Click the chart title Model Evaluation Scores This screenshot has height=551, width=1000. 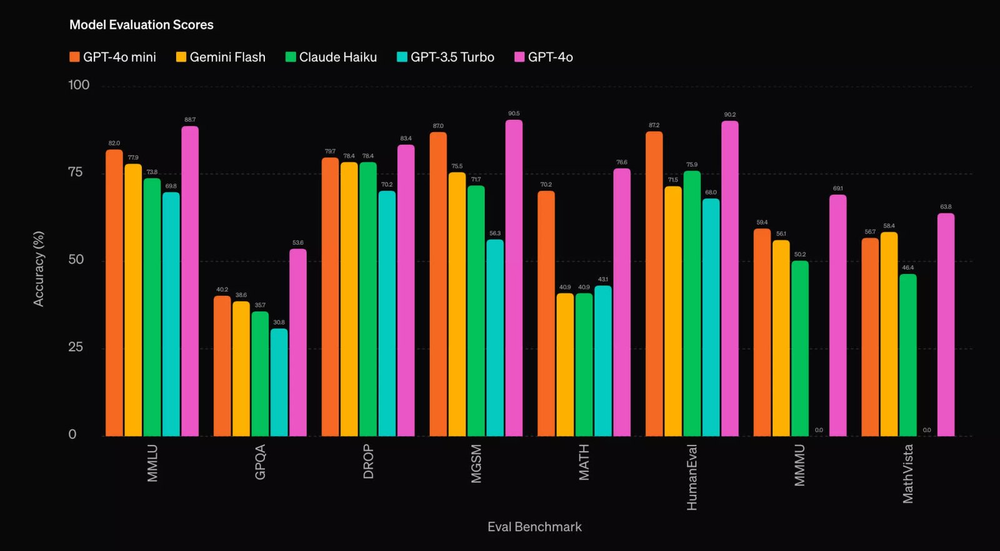click(141, 25)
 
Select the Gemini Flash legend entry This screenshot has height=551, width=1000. click(227, 57)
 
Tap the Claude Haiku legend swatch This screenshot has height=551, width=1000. click(290, 57)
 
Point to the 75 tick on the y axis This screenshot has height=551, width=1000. click(76, 172)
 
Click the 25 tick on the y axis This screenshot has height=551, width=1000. click(76, 347)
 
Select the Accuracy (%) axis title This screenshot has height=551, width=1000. click(39, 269)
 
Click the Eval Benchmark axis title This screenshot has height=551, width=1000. click(534, 527)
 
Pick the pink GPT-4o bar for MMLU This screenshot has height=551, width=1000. click(190, 281)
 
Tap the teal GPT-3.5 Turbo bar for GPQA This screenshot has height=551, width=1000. click(279, 382)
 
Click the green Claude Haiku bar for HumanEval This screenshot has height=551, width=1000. click(692, 304)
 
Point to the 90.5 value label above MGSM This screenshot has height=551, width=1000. click(514, 114)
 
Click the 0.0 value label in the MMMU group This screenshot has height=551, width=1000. click(819, 430)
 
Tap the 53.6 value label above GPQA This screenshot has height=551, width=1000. click(297, 243)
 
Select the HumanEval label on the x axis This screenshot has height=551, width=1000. click(692, 477)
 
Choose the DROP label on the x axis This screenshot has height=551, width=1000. click(368, 462)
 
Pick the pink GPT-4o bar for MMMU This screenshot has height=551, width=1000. click(837, 315)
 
